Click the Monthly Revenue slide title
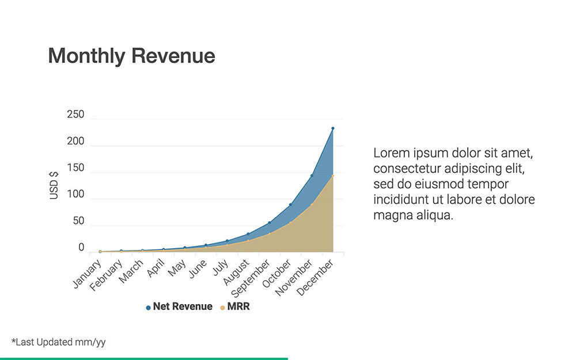tap(131, 56)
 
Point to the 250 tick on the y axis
tap(75, 115)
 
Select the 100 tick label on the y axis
tap(75, 195)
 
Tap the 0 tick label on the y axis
tap(81, 248)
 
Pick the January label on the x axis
tap(87, 274)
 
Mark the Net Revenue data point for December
tap(333, 128)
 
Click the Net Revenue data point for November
tap(312, 176)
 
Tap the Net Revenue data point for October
tap(290, 204)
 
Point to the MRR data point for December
tap(333, 175)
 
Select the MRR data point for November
tap(312, 204)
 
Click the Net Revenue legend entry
tap(179, 307)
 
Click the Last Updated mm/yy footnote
tap(58, 342)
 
